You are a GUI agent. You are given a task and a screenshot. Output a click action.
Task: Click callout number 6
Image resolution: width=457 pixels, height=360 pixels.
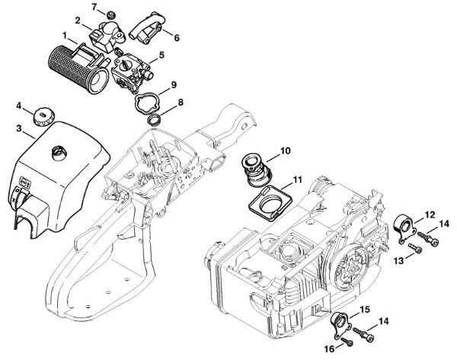pyautogui.click(x=177, y=36)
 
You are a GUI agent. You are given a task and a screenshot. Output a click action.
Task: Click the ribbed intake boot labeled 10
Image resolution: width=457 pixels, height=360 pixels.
pyautogui.click(x=253, y=172)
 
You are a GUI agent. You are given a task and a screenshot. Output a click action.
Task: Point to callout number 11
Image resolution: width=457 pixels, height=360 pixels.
pyautogui.click(x=298, y=179)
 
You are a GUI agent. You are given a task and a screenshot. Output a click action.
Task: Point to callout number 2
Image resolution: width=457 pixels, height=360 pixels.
pyautogui.click(x=77, y=18)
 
